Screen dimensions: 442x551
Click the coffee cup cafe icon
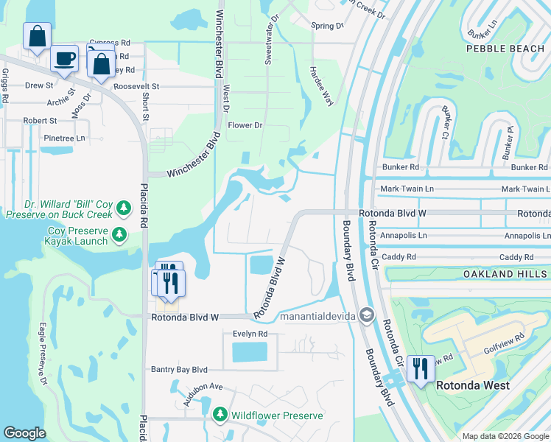pyautogui.click(x=65, y=58)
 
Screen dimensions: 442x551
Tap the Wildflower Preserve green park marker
pyautogui.click(x=220, y=415)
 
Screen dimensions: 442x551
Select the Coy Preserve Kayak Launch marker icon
pyautogui.click(x=119, y=236)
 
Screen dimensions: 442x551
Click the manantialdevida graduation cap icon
pyautogui.click(x=366, y=316)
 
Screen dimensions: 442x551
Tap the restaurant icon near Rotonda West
pyautogui.click(x=420, y=368)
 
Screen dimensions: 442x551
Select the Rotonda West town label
pyautogui.click(x=471, y=385)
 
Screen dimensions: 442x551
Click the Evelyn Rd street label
pyautogui.click(x=250, y=334)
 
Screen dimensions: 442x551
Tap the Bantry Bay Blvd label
pyautogui.click(x=179, y=370)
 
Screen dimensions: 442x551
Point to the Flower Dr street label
pyautogui.click(x=245, y=125)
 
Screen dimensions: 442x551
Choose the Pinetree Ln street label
pyautogui.click(x=64, y=138)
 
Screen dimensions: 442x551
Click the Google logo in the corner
pyautogui.click(x=24, y=433)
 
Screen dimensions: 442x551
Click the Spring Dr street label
pyautogui.click(x=327, y=26)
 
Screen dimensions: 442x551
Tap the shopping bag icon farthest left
pyautogui.click(x=36, y=36)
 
